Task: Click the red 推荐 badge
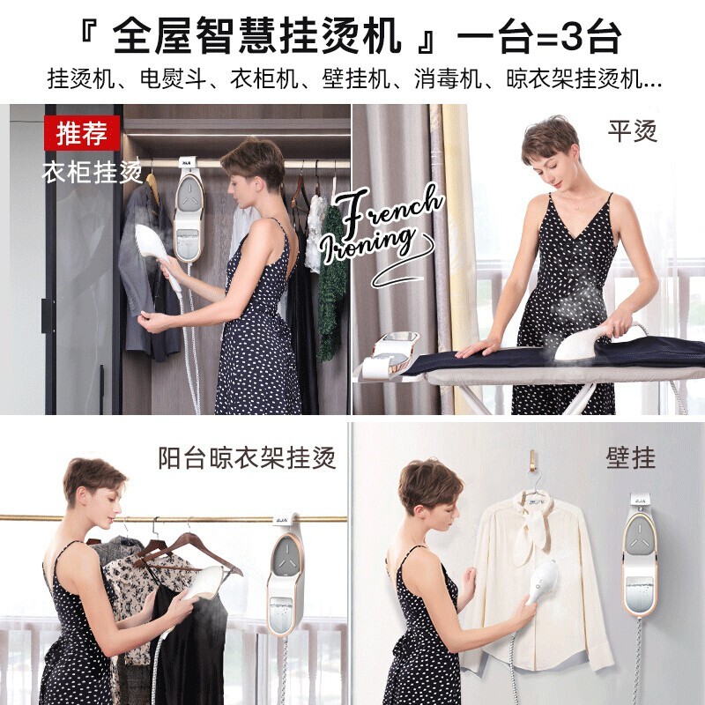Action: coord(82,133)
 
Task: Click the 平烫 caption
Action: coord(632,130)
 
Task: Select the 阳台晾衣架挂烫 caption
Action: coord(247,457)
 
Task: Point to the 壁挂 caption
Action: coord(630,457)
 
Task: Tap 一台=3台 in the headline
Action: coord(539,37)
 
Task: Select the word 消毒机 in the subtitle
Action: coord(448,79)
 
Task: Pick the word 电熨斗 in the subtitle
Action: coord(174,79)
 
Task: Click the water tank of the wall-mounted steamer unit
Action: coord(640,593)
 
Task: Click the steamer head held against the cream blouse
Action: coord(542,582)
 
